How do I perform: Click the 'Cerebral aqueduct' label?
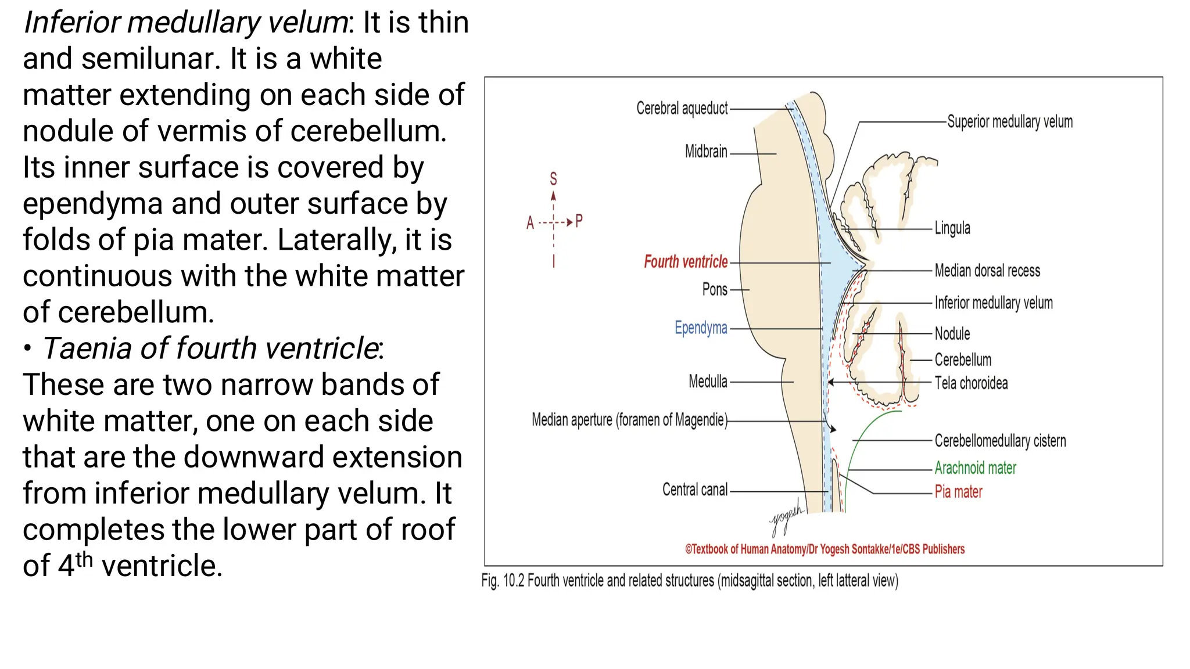pos(682,109)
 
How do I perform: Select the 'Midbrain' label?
pos(706,152)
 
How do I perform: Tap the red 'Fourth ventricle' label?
pos(686,262)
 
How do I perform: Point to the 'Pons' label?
pos(715,289)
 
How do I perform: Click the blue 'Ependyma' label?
pos(701,328)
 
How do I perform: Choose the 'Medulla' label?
pos(708,382)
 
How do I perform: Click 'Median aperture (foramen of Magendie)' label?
pos(629,420)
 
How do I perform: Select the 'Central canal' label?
pos(695,490)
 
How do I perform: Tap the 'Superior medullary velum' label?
pos(1010,122)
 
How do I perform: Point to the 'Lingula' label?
pos(952,228)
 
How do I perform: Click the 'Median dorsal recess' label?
pos(987,271)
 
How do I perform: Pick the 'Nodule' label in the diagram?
pos(952,334)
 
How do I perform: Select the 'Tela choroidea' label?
pos(971,383)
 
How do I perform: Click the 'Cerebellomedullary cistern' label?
pos(1000,441)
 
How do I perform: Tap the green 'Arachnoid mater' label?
pos(975,468)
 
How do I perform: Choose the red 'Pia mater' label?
pos(958,492)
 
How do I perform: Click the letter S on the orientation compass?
pos(553,179)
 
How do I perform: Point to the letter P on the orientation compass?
pos(579,221)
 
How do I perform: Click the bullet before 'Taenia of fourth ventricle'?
pos(27,348)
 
